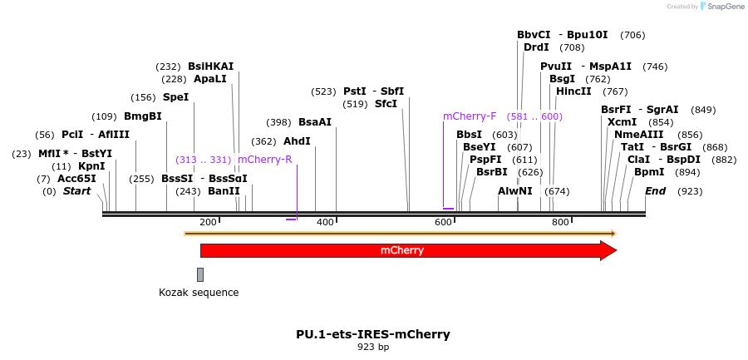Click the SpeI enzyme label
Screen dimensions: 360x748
coord(175,97)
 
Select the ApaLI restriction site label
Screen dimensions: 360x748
coord(209,79)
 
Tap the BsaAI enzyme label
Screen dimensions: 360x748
coord(315,122)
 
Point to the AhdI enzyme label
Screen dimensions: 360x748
coord(297,141)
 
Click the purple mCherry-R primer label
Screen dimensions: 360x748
coord(265,160)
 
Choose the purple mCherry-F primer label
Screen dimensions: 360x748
coord(470,116)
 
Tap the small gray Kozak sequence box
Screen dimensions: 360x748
coord(200,274)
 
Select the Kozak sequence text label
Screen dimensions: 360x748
coord(199,293)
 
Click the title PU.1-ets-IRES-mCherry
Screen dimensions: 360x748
coord(373,334)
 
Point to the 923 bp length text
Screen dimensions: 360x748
coord(373,348)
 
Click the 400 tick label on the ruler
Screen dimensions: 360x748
coord(326,222)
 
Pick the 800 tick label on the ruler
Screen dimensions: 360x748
coord(560,222)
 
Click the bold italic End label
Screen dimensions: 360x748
coord(656,191)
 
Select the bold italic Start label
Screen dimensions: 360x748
coord(77,191)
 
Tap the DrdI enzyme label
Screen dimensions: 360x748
coord(536,47)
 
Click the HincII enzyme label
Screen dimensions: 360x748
coord(573,91)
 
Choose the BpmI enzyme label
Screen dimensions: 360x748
coord(649,172)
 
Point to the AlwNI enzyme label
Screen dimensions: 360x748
coord(515,191)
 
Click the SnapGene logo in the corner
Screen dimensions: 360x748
coord(720,7)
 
